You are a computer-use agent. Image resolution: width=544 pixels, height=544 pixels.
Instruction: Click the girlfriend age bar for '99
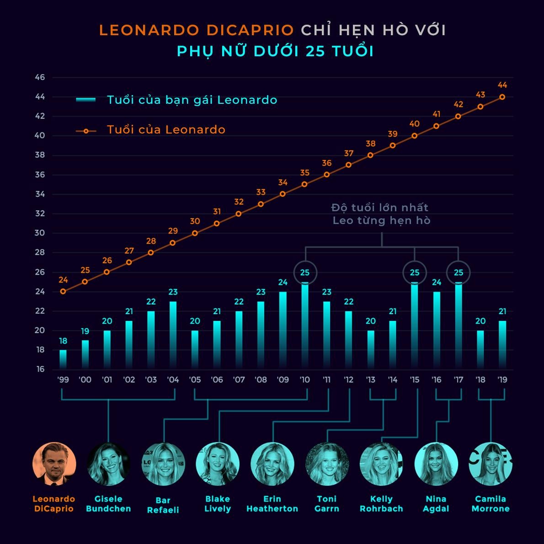(x=63, y=359)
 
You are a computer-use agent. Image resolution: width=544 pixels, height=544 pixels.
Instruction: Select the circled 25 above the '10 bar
(x=305, y=273)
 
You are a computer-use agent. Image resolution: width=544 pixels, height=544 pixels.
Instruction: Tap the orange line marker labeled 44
(x=502, y=97)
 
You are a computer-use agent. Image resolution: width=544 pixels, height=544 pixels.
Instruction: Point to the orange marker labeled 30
(x=195, y=233)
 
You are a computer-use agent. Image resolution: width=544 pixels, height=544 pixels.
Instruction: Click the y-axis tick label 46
(x=40, y=78)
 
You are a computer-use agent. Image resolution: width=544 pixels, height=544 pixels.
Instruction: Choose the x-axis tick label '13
(x=371, y=379)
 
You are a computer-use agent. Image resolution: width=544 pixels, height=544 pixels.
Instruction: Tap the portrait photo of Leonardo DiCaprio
(x=54, y=464)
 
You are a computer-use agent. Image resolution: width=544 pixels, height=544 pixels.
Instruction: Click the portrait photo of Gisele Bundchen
(x=108, y=464)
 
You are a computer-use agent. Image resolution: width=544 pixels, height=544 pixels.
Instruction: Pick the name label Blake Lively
(x=217, y=504)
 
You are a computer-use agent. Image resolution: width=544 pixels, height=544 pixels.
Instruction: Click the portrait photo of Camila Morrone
(x=491, y=464)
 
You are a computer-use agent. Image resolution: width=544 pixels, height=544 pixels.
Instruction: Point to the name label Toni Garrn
(x=326, y=504)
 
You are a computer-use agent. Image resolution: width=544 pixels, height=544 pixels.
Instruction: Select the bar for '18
(x=480, y=350)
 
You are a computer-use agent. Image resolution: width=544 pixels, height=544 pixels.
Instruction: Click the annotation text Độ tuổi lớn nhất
(x=380, y=208)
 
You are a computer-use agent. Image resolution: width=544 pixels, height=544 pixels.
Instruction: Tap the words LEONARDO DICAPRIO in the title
(x=197, y=30)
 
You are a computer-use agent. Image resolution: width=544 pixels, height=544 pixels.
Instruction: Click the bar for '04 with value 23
(x=173, y=335)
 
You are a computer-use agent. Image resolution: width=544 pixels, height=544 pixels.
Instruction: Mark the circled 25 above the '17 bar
(x=458, y=273)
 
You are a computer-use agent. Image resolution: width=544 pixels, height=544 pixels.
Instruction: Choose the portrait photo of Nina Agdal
(x=436, y=464)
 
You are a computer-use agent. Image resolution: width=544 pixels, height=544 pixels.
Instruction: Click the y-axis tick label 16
(x=40, y=369)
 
